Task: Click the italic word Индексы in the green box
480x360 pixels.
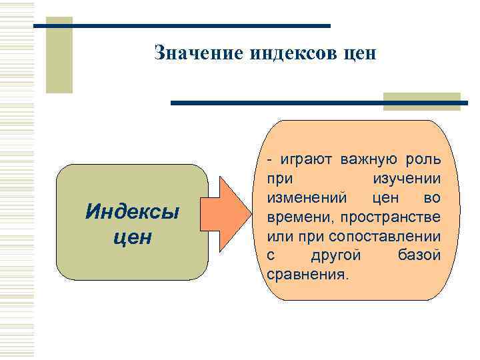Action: (133, 213)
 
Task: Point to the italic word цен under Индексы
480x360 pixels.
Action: (133, 236)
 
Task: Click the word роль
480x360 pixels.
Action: (423, 160)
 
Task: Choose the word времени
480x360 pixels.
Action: (300, 217)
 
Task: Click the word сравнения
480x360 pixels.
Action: (307, 275)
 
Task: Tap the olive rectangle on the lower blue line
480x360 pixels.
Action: (421, 101)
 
